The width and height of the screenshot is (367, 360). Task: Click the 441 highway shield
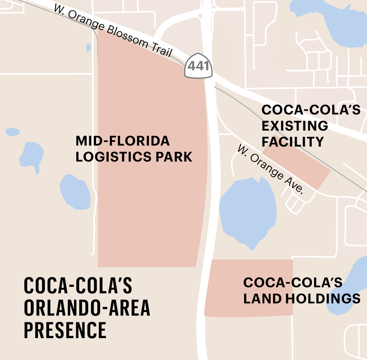[198, 66]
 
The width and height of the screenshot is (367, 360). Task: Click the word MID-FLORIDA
[122, 141]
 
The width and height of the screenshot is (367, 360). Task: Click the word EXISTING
[294, 126]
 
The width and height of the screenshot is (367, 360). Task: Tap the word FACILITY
[292, 142]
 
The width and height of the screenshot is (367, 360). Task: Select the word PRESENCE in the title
[65, 330]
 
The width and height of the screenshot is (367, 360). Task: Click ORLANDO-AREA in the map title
[87, 308]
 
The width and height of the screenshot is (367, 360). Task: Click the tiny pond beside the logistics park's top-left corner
[89, 47]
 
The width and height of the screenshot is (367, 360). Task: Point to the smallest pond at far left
[12, 132]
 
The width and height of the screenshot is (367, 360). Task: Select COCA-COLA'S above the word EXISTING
[311, 110]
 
